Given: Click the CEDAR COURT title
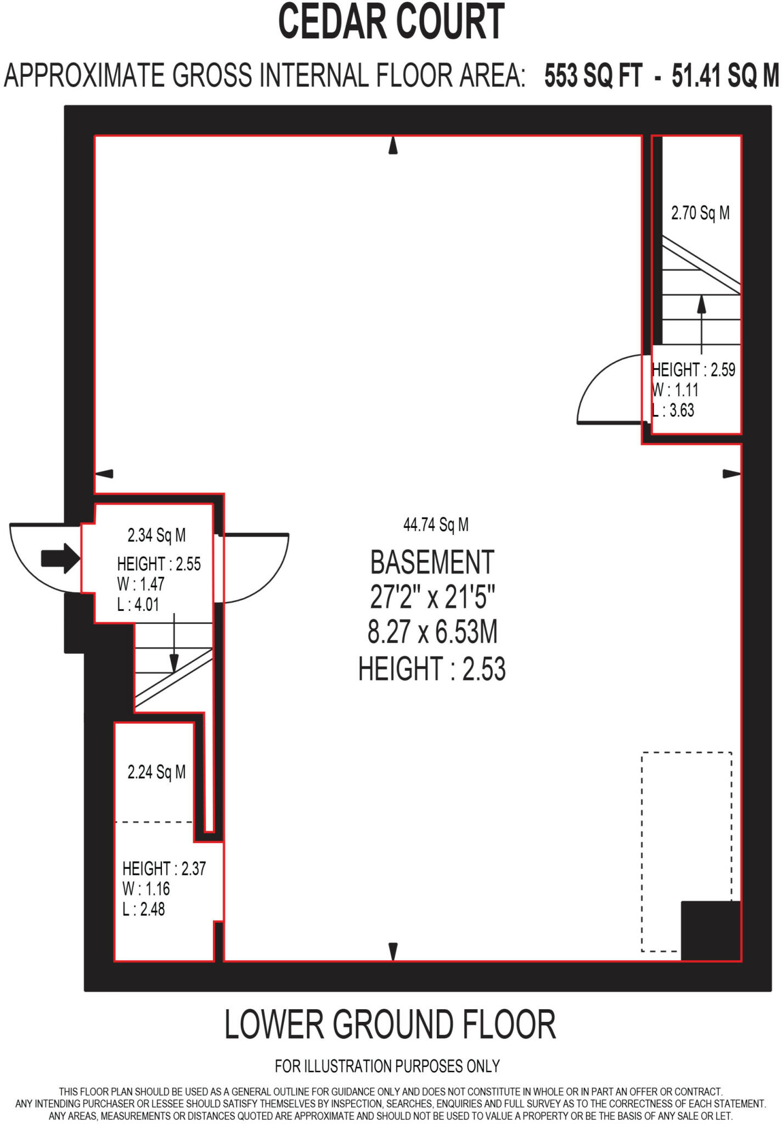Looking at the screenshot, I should point(391,22).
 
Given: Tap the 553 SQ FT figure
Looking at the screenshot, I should point(593,76).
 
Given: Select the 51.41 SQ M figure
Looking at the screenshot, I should point(725,76).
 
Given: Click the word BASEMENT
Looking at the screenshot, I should point(432,562).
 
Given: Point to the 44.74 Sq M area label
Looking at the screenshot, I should point(436,525).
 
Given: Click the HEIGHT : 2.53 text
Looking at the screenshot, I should point(432,669).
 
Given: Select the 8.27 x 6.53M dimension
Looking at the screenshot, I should point(432,632).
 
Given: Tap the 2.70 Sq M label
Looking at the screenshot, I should point(700,213).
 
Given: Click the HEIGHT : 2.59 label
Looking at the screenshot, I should point(694,370).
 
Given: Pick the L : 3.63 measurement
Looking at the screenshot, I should point(673,411).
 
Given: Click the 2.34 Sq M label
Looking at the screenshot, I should point(156,535).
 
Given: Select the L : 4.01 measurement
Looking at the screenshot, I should point(138,605).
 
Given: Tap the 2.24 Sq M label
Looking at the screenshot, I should point(156,772).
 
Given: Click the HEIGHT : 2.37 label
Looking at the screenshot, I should point(164,869).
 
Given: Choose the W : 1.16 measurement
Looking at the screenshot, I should point(146,889).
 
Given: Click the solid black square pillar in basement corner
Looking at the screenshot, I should point(711,931).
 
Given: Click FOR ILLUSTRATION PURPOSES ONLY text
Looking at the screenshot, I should point(387,1066).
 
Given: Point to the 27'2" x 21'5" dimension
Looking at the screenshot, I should point(432,597).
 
